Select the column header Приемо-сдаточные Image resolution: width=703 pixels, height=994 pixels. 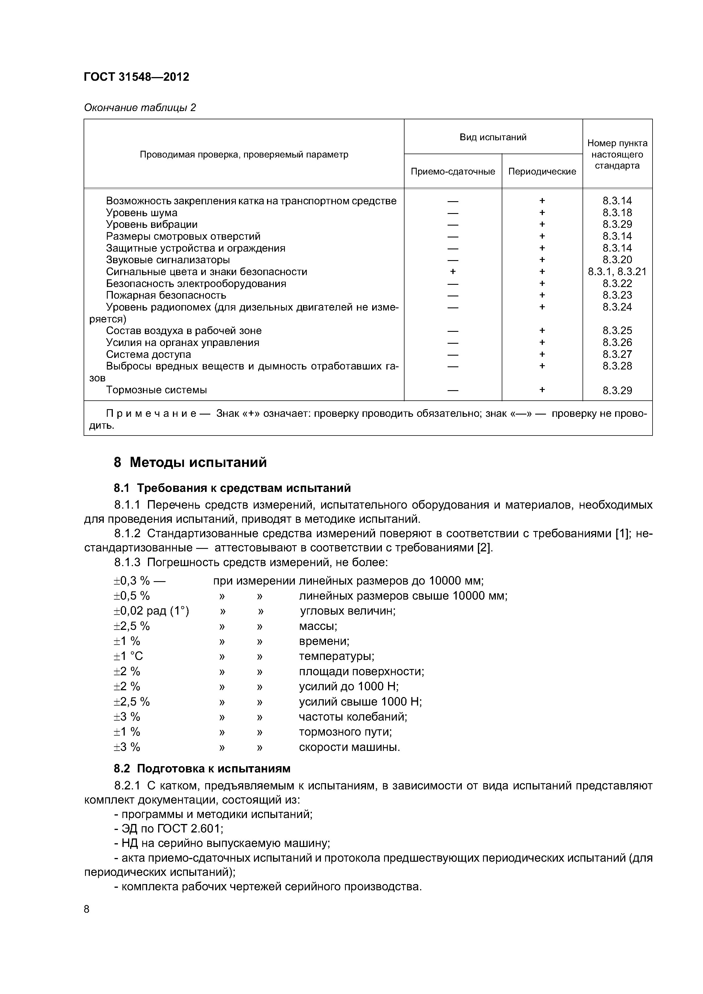coord(453,171)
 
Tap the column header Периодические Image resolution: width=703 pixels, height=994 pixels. coord(542,171)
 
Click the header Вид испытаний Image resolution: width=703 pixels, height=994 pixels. coord(493,137)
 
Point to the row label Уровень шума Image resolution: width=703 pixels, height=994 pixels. coord(142,213)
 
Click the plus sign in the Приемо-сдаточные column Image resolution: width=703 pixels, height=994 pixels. coord(453,271)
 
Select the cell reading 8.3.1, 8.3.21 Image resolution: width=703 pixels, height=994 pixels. coord(617,271)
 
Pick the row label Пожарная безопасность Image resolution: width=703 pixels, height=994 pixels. coord(166,295)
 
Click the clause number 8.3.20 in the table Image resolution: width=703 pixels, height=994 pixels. coord(617,260)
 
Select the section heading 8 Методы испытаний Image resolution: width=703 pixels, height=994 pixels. coord(190,462)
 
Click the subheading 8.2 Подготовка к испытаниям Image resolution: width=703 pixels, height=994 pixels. coord(202,768)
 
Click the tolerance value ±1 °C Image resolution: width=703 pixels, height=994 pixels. coord(128,656)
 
